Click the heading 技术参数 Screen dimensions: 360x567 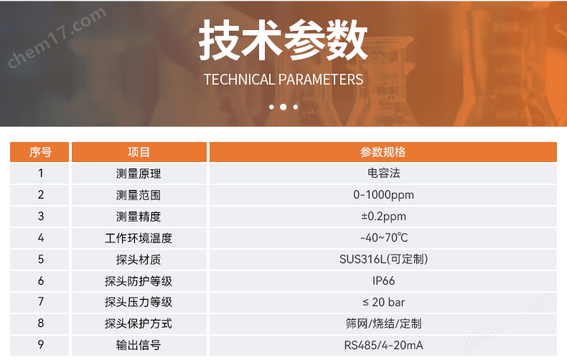pos(283,39)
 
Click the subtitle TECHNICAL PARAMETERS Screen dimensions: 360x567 pos(283,80)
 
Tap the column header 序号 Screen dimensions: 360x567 pos(40,152)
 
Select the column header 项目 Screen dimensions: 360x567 pos(139,152)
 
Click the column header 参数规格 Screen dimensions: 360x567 pos(383,152)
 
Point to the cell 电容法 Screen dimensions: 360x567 pos(383,173)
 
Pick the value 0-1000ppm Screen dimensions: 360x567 pos(383,194)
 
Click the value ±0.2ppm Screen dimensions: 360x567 pos(383,216)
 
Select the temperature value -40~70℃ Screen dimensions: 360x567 pos(383,237)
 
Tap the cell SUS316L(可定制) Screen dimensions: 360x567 pos(383,259)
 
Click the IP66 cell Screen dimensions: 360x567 pos(383,280)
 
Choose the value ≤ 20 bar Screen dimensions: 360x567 pos(383,302)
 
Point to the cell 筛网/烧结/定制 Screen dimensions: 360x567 pos(383,323)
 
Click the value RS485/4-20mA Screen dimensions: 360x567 pos(383,345)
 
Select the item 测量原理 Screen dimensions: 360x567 pos(139,173)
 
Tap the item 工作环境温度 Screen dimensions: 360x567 pos(139,237)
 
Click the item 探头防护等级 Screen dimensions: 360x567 pos(139,280)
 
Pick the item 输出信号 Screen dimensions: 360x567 pos(139,345)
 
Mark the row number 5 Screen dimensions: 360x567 pos(41,259)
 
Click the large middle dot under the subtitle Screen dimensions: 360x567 pos(283,107)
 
